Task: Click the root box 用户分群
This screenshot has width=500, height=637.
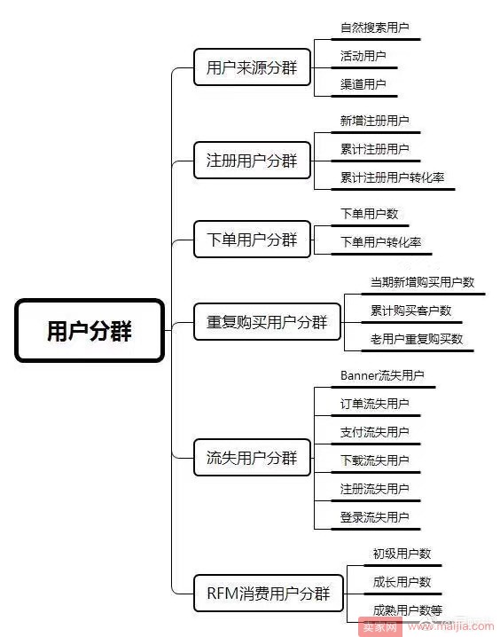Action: [x=90, y=330]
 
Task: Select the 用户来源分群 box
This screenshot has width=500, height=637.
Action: [x=252, y=67]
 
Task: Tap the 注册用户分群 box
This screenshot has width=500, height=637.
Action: [x=252, y=160]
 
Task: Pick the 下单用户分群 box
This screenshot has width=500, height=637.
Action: [x=252, y=240]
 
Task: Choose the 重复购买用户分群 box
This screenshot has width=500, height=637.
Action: [x=267, y=322]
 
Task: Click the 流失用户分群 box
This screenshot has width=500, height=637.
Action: [x=252, y=458]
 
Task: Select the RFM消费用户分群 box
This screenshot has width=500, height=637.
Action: [x=269, y=594]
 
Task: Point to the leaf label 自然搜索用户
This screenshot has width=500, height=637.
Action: [x=375, y=28]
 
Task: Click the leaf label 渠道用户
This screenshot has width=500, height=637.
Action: [x=363, y=84]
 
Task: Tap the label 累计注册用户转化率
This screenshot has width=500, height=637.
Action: [x=392, y=177]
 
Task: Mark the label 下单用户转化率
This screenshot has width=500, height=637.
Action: [x=380, y=242]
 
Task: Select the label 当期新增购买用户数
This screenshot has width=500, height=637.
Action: [x=422, y=282]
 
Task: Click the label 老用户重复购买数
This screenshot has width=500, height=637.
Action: [x=417, y=339]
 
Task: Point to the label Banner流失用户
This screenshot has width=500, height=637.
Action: [x=382, y=375]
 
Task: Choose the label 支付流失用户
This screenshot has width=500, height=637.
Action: [x=375, y=432]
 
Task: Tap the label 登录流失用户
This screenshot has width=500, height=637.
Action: [x=375, y=517]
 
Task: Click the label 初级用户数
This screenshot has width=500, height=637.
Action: [x=402, y=554]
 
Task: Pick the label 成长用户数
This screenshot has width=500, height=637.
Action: [x=402, y=582]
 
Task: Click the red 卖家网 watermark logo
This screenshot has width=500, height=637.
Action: [x=379, y=627]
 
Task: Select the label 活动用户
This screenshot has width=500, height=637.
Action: [x=363, y=56]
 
